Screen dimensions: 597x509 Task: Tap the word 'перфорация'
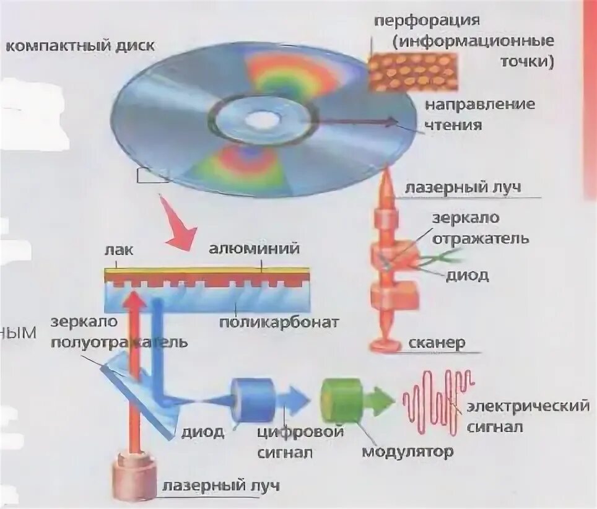pyautogui.click(x=427, y=20)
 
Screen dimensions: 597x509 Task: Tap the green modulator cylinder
pyautogui.click(x=341, y=399)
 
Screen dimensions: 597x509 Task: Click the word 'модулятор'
pyautogui.click(x=407, y=451)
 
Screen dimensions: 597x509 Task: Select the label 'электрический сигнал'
pyautogui.click(x=527, y=417)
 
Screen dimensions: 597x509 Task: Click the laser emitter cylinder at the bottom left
pyautogui.click(x=134, y=477)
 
